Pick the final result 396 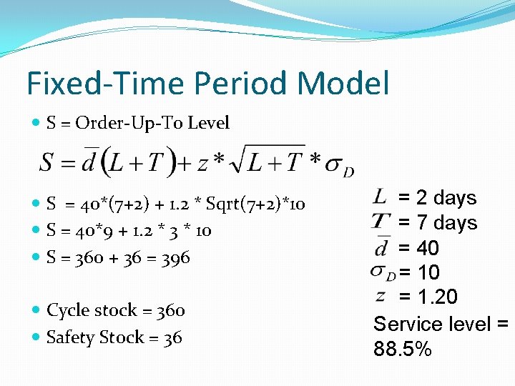176,257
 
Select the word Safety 69,337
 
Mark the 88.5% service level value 403,350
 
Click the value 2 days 437,197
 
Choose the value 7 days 437,223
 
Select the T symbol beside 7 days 381,222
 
